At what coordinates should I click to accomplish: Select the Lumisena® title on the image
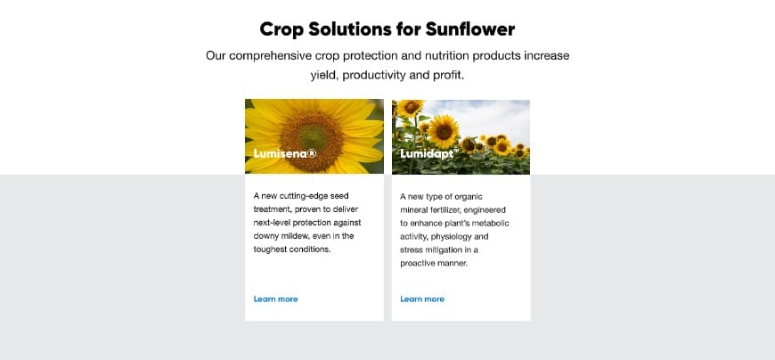point(284,153)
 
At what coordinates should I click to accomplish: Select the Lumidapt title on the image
point(428,153)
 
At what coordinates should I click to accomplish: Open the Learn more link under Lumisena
point(275,299)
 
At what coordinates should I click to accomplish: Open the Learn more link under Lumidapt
point(422,299)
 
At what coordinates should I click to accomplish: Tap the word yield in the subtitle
point(322,75)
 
